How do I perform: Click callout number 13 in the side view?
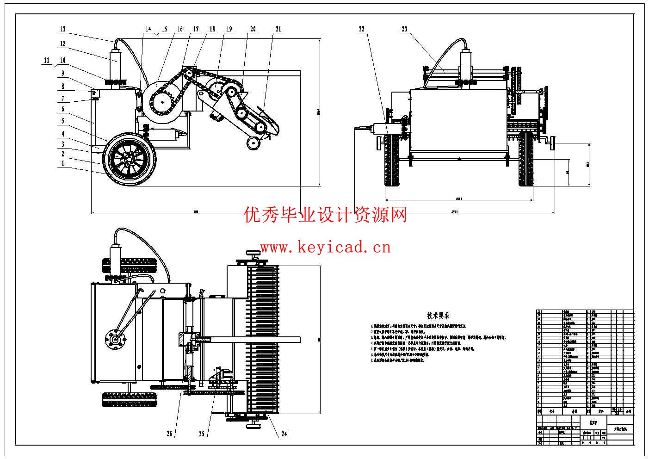tap(62, 29)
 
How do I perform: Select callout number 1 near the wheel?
tap(63, 163)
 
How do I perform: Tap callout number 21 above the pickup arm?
tap(278, 29)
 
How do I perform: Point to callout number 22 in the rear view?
tap(362, 29)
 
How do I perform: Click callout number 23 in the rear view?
tap(404, 29)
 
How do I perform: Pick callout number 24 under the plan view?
tap(284, 434)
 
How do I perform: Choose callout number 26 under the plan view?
tap(169, 434)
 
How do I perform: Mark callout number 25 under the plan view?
tap(202, 434)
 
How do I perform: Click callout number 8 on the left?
tap(63, 86)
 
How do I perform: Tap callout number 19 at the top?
tap(229, 29)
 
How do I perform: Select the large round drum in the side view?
tap(162, 102)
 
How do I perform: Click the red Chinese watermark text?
tap(326, 215)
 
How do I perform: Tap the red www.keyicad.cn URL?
tap(326, 248)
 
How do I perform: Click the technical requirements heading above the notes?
tap(439, 316)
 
